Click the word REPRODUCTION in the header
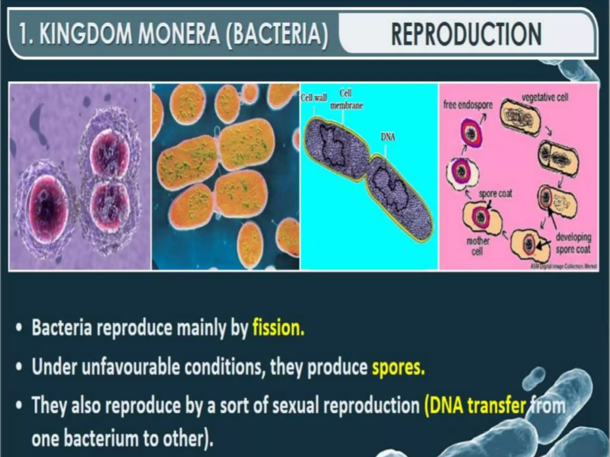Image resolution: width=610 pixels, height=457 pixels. pos(466,35)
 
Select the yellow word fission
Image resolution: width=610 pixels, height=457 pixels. pos(278,328)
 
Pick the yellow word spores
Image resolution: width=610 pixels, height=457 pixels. pos(398,367)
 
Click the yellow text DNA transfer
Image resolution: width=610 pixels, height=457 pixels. pos(475,406)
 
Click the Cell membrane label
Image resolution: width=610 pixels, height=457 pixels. pos(346,99)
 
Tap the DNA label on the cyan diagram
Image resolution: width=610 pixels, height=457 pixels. pos(388,137)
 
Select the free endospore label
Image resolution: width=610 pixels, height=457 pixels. pos(468,105)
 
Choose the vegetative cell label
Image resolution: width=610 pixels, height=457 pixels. pos(545,97)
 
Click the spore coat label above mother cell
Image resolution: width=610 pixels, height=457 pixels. pos(495,194)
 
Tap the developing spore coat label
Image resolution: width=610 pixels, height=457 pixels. pos(573,243)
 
